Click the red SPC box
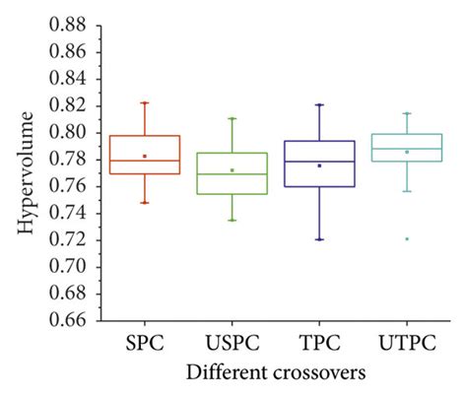145,155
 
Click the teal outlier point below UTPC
408,238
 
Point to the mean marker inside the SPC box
145,156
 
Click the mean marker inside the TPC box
319,165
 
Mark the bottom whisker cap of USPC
232,220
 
